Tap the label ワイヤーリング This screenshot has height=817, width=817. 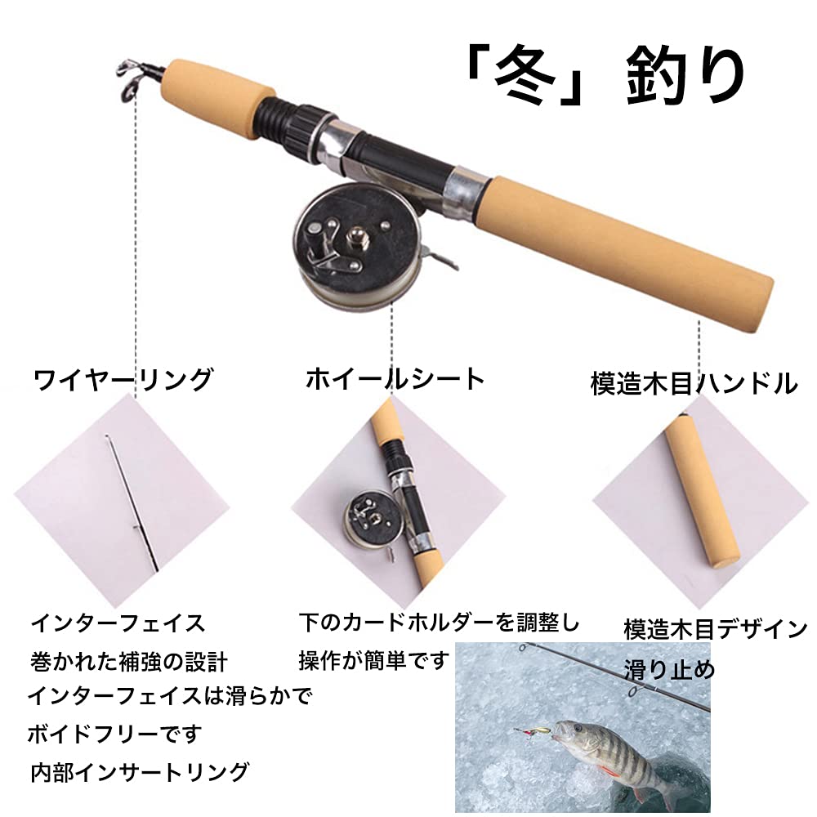123,380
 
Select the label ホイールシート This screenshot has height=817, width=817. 395,378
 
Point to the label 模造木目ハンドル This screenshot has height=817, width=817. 694,383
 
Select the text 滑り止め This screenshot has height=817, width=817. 669,669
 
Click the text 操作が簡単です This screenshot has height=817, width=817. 374,659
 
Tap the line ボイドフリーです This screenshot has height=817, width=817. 114,733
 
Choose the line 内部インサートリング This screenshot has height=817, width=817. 139,770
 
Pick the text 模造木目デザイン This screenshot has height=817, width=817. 716,630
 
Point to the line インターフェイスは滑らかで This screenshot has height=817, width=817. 169,696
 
